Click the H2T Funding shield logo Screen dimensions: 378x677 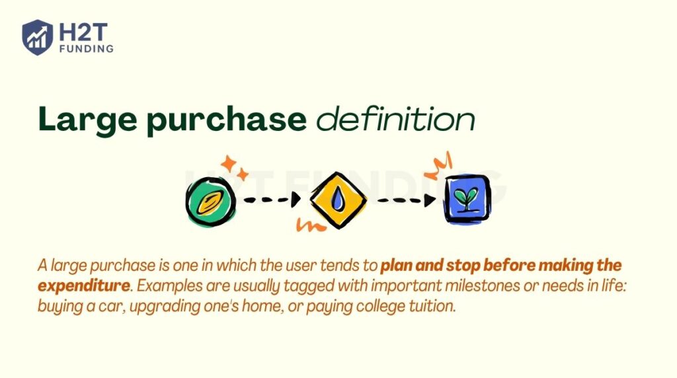(37, 37)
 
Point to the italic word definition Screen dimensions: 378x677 (395, 120)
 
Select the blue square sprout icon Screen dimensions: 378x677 (467, 198)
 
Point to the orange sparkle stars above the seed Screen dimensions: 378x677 (233, 167)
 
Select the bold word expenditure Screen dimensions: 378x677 (83, 286)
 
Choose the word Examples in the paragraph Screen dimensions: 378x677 (161, 286)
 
